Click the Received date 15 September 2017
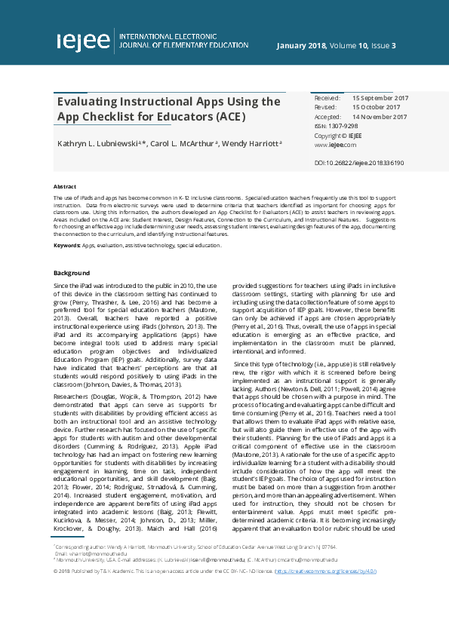pos(380,98)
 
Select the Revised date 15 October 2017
pos(377,108)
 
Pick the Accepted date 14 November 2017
pos(380,117)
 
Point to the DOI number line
pos(358,162)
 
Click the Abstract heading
pos(65,185)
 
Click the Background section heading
pos(72,273)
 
